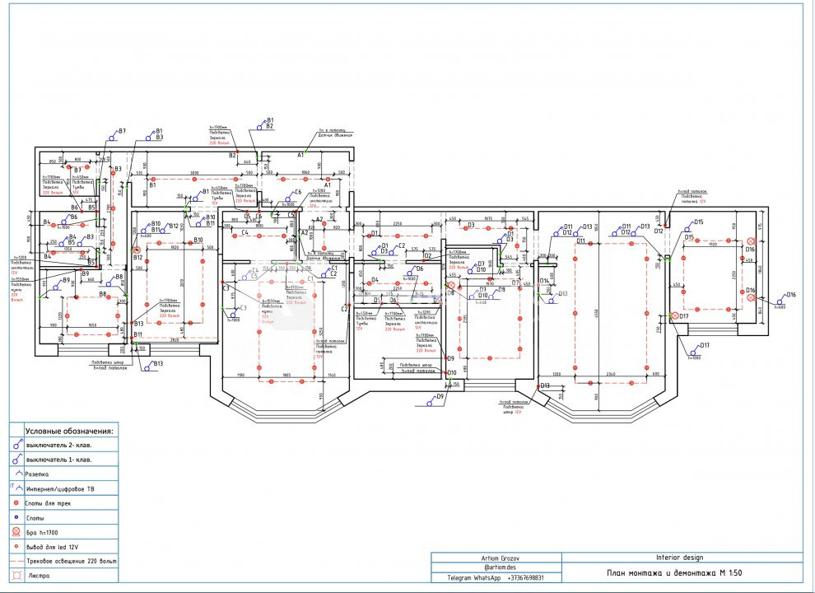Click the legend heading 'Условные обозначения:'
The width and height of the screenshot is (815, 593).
click(x=69, y=431)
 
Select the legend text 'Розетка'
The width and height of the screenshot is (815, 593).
click(x=37, y=474)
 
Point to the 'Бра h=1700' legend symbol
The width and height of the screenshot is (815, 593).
click(x=16, y=532)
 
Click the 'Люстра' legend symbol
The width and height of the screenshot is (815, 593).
click(x=16, y=575)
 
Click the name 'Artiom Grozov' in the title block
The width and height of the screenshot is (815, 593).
click(x=497, y=558)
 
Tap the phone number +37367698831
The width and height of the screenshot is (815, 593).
click(x=526, y=577)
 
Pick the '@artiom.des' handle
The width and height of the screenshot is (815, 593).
click(x=497, y=567)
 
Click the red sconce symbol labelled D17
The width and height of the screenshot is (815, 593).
click(x=675, y=316)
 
